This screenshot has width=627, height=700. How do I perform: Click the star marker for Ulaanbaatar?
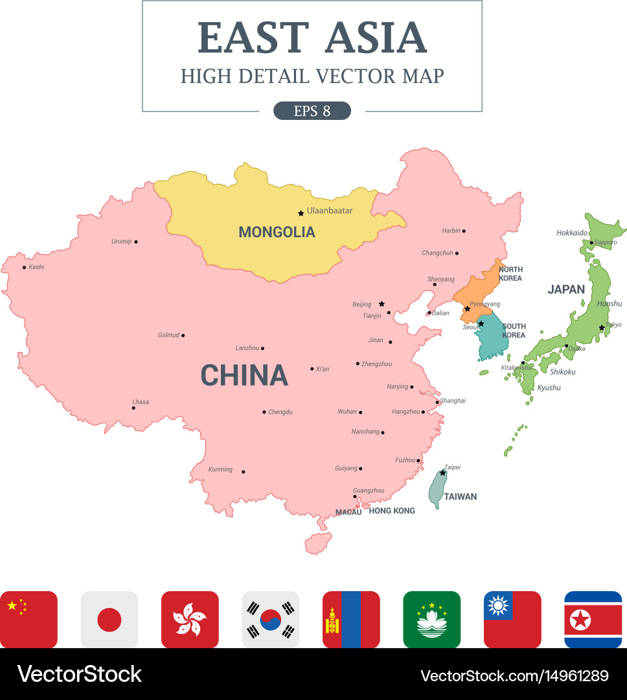tap(301, 213)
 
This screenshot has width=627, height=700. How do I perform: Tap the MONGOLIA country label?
tap(277, 232)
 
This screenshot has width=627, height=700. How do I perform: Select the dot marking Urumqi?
tap(135, 242)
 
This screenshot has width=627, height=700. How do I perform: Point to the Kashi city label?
tap(37, 267)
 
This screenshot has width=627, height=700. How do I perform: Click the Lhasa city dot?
tap(133, 408)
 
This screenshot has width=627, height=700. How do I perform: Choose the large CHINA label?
tap(244, 376)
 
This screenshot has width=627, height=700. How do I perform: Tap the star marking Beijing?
tap(382, 303)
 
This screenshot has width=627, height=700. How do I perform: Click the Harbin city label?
tap(451, 231)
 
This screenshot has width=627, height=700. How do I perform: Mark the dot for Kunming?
tap(244, 472)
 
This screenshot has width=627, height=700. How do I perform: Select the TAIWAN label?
tap(461, 497)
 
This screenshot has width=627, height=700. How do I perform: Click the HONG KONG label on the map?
tap(392, 511)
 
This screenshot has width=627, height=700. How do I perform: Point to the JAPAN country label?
tap(566, 290)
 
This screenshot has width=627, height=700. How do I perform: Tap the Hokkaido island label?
tap(572, 233)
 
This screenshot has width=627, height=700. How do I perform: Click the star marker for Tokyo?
tap(602, 328)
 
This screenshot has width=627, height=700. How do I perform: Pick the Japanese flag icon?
tap(109, 620)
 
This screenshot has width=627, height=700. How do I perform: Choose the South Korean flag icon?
tap(271, 620)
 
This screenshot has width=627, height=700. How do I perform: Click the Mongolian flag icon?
tap(351, 620)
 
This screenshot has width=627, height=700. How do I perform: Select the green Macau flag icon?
tap(431, 620)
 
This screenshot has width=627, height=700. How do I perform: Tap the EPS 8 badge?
tap(312, 111)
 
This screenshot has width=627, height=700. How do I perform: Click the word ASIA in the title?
tap(376, 38)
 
